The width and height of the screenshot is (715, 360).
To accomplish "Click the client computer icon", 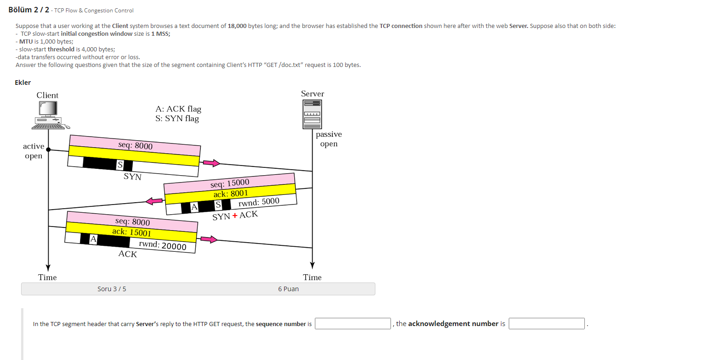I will [49, 115].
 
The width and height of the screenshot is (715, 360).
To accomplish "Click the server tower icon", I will [312, 115].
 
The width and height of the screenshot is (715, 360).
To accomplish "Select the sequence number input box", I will [352, 324].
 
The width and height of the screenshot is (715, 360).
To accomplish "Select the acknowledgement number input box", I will [546, 324].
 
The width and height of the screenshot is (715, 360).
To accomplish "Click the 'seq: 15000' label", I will [230, 183].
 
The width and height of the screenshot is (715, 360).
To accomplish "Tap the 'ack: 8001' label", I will [231, 194].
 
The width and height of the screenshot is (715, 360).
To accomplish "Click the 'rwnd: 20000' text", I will [163, 245].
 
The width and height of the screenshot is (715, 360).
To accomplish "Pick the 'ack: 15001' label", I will [132, 232].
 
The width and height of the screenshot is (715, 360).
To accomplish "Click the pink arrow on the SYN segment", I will [211, 163].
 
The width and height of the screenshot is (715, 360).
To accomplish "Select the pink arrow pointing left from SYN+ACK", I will [154, 201].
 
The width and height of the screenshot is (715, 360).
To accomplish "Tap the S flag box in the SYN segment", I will [120, 165].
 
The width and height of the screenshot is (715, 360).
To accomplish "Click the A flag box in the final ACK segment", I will [93, 238].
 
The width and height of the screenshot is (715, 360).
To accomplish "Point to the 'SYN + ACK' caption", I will [235, 215].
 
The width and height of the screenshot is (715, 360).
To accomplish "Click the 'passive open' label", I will [329, 139].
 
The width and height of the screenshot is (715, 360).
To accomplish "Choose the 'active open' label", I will [33, 151].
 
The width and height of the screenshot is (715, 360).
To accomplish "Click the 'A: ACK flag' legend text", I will [178, 109].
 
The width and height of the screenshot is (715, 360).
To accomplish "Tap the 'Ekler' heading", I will [22, 83].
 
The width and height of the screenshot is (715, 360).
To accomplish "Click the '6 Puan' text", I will [288, 289].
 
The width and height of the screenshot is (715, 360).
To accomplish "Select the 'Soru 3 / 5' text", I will [112, 289].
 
